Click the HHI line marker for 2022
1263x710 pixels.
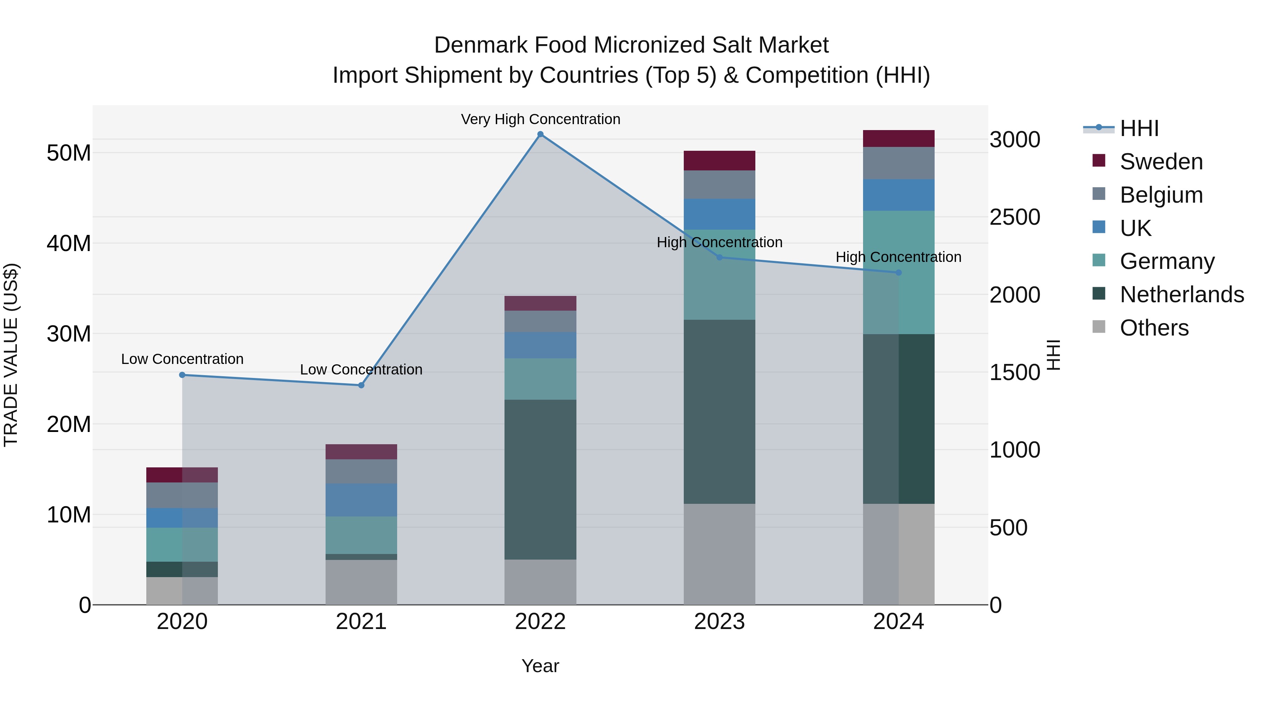tap(540, 134)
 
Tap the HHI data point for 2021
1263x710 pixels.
tap(361, 385)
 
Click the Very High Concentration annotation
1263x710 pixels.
tap(540, 119)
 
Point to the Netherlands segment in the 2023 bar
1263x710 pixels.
tap(719, 412)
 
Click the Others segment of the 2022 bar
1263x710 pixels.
tap(540, 582)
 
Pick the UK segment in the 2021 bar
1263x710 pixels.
tap(361, 500)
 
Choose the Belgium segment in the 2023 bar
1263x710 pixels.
tap(719, 185)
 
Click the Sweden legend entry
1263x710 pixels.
tap(1161, 162)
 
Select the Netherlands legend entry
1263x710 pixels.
tap(1182, 295)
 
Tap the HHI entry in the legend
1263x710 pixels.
tap(1139, 128)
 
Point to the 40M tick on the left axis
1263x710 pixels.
tap(69, 244)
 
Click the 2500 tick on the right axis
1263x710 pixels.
tap(1014, 217)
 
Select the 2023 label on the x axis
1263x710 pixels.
tap(719, 622)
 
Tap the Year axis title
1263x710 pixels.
tap(540, 666)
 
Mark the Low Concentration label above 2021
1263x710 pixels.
tap(361, 370)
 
